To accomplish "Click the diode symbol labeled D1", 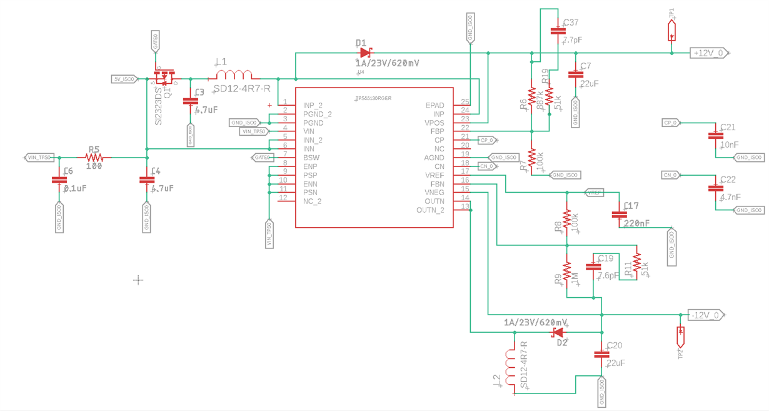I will pos(365,53).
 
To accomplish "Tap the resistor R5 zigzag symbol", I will pos(94,157).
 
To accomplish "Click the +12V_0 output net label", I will pos(708,53).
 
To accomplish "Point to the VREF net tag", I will pos(594,193).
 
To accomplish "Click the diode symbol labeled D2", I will pos(558,332).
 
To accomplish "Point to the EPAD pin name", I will pos(435,105).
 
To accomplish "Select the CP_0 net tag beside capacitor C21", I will pos(671,123).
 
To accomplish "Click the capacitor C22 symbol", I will pos(713,188).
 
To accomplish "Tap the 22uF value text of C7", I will pos(590,83).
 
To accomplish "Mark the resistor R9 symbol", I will pos(566,271).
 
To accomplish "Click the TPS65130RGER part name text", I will pos(373,98).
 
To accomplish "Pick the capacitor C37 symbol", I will pos(556,29).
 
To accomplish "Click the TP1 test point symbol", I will pos(671,30).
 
